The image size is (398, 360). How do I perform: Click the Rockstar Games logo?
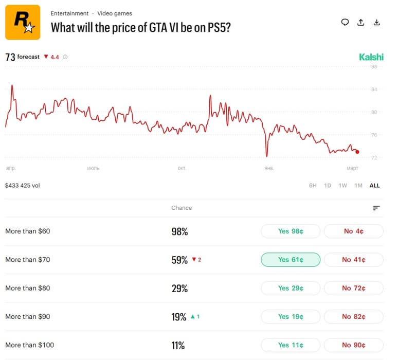pyautogui.click(x=23, y=22)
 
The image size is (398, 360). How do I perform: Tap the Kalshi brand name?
pyautogui.click(x=371, y=57)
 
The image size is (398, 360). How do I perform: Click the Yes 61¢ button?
pyautogui.click(x=291, y=260)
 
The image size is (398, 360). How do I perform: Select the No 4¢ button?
pyautogui.click(x=353, y=231)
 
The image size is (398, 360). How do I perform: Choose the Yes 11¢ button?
pyautogui.click(x=291, y=345)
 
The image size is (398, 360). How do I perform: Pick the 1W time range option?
pyautogui.click(x=343, y=186)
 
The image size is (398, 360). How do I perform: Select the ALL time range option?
pyautogui.click(x=375, y=186)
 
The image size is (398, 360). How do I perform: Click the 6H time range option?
pyautogui.click(x=313, y=186)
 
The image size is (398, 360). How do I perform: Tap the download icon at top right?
pyautogui.click(x=377, y=22)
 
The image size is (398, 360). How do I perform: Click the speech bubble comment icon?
pyautogui.click(x=345, y=22)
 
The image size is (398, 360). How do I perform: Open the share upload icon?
pyautogui.click(x=361, y=22)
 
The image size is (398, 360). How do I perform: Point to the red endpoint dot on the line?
pyautogui.click(x=357, y=152)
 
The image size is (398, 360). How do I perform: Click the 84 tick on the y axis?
pyautogui.click(x=374, y=89)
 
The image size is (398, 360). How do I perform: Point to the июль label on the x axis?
pyautogui.click(x=94, y=168)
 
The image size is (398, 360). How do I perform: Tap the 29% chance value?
pyautogui.click(x=179, y=289)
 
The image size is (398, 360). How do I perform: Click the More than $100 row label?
pyautogui.click(x=29, y=345)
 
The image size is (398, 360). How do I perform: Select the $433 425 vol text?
pyautogui.click(x=22, y=186)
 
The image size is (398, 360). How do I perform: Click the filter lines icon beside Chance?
pyautogui.click(x=376, y=208)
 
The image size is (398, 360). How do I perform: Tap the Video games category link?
pyautogui.click(x=115, y=13)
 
